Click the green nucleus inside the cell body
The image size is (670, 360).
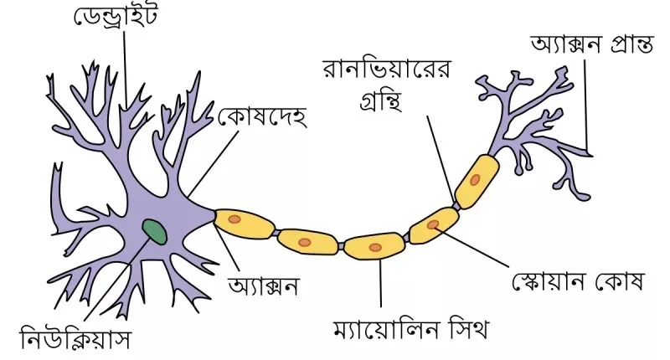coord(155,232)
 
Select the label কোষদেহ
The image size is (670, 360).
coord(262,116)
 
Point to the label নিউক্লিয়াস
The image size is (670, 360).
coord(75,338)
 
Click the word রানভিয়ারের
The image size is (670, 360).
coord(386,69)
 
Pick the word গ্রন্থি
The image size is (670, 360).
coord(381,100)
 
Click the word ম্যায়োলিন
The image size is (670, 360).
coord(387,329)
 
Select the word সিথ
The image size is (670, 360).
coord(470,328)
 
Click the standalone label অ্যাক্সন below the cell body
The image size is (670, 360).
coord(263,285)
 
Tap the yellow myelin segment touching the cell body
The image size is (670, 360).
coord(244,224)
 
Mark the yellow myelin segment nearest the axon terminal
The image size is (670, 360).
coord(477,181)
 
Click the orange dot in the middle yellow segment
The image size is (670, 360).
coord(375,247)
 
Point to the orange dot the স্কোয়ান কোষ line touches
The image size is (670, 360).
coord(433,224)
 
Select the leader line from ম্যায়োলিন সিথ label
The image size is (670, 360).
coord(380,283)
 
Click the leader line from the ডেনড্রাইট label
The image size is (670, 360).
coord(126,68)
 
